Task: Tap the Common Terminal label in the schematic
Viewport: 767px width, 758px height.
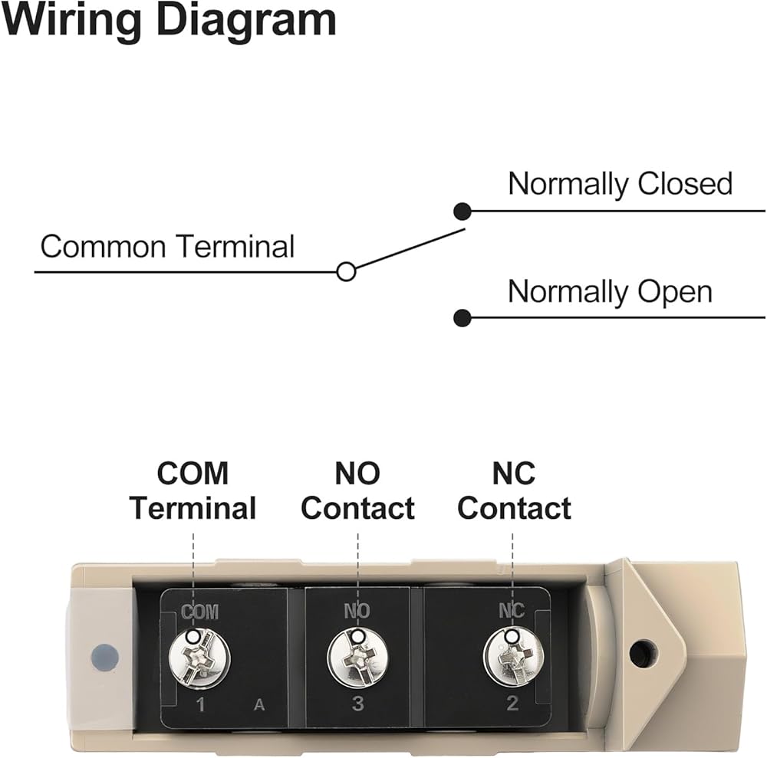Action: [167, 247]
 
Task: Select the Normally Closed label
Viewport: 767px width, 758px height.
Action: [620, 184]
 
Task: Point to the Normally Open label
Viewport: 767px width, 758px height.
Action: [610, 292]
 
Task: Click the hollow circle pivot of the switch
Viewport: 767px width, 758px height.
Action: [347, 271]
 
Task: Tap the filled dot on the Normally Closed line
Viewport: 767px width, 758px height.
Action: [462, 211]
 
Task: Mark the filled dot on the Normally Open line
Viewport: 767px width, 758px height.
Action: [462, 317]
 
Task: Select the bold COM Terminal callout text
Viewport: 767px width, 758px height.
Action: [193, 491]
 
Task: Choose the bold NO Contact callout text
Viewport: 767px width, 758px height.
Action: [357, 491]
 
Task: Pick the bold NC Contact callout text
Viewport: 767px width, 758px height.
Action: [514, 491]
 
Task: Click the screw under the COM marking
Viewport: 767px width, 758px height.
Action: [198, 656]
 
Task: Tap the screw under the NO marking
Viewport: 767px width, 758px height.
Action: [358, 656]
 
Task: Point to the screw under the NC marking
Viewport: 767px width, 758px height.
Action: [513, 656]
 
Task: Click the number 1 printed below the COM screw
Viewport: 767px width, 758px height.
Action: [201, 704]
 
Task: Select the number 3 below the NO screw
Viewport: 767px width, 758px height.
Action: [358, 704]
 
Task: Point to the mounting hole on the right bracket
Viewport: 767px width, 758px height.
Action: [642, 653]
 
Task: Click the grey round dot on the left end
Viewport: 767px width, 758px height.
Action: [104, 656]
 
